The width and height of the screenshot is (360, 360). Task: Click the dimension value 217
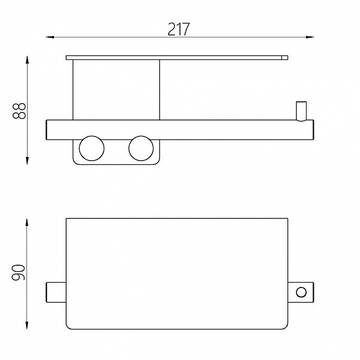point(179,29)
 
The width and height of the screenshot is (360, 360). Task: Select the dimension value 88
point(19,111)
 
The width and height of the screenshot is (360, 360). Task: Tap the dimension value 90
point(18,272)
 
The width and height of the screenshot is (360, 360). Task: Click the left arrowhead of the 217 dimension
point(50,37)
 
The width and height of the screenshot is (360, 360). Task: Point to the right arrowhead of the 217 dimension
point(310,37)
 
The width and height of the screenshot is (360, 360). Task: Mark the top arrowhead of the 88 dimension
point(28,59)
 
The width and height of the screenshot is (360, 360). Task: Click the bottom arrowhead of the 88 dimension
point(28,161)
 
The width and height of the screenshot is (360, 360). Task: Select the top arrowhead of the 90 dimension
point(27,222)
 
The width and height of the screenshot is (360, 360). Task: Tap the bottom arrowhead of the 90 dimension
point(27,325)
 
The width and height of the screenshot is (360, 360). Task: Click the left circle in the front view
point(92,148)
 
